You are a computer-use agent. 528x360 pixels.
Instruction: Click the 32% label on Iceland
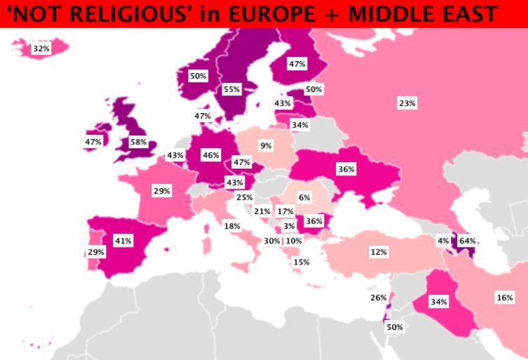click(x=41, y=48)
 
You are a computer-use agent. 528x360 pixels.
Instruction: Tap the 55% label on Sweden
click(x=232, y=89)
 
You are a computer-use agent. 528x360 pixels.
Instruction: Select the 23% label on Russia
click(x=407, y=103)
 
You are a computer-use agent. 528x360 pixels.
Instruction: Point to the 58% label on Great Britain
click(x=138, y=142)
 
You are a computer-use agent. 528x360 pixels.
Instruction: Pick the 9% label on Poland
click(x=266, y=146)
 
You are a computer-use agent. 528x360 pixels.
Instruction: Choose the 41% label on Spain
click(x=123, y=240)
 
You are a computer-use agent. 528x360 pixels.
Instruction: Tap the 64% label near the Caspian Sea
click(x=467, y=241)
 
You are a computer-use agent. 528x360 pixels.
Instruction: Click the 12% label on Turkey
click(x=379, y=251)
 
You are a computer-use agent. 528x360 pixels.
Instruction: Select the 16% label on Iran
click(x=505, y=298)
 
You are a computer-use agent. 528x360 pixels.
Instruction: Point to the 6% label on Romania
click(x=304, y=198)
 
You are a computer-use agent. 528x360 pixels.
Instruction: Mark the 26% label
click(x=378, y=298)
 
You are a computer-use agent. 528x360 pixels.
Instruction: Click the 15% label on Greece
click(x=302, y=262)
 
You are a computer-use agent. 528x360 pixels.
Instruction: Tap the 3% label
click(x=289, y=226)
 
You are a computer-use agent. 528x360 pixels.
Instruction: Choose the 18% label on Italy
click(x=232, y=226)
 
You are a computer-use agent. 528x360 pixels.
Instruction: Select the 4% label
click(x=443, y=241)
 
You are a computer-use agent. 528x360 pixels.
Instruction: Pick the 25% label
click(x=245, y=197)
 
